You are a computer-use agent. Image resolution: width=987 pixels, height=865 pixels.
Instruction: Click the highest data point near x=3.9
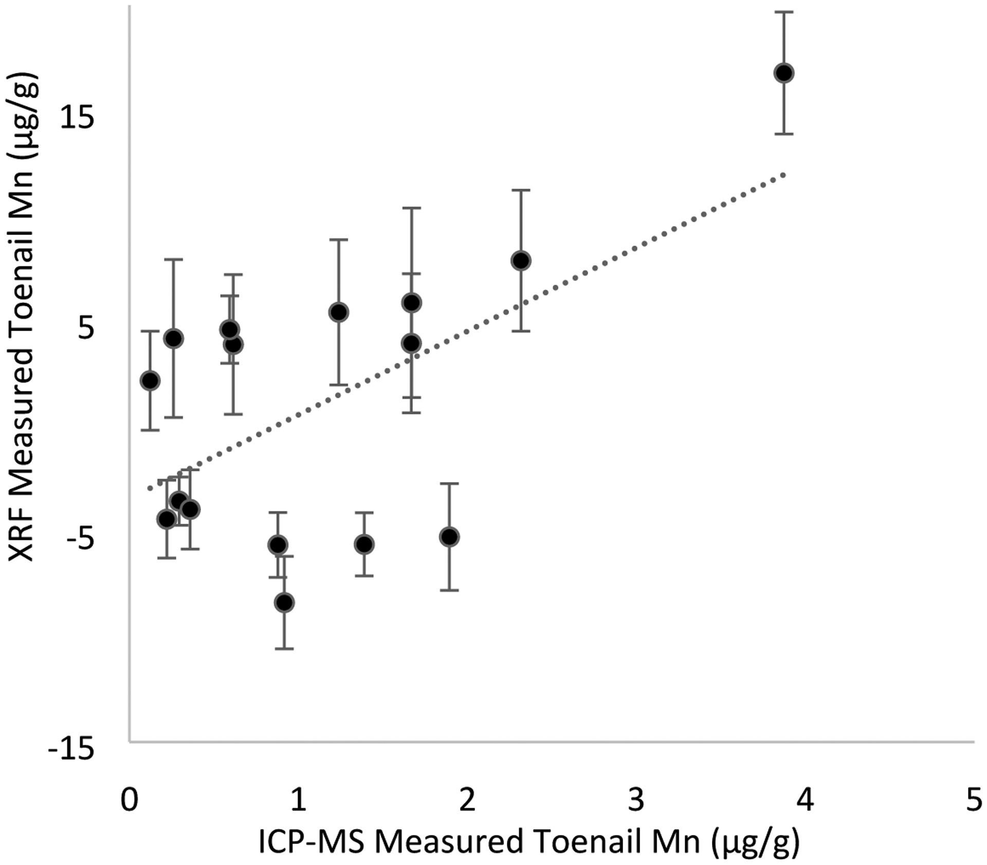[783, 73]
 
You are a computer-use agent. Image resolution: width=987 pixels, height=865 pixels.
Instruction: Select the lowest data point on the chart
[284, 602]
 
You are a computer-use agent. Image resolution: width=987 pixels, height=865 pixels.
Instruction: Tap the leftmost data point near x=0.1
[150, 380]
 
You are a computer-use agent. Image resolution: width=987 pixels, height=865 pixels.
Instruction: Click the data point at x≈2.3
[521, 261]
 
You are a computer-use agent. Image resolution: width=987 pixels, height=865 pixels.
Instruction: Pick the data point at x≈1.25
[339, 312]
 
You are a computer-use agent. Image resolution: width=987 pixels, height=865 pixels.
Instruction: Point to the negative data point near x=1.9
[449, 537]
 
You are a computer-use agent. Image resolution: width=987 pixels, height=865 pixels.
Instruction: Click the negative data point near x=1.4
[364, 544]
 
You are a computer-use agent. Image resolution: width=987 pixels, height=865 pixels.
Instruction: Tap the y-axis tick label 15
[78, 118]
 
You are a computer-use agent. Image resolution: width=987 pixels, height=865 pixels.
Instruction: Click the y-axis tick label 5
[86, 329]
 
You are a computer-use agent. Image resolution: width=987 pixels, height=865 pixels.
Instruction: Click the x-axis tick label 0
[130, 801]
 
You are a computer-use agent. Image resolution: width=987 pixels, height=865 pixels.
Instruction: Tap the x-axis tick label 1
[299, 801]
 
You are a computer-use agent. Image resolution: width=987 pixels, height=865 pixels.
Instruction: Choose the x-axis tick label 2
[467, 801]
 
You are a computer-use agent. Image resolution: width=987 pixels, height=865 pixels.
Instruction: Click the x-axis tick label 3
[636, 801]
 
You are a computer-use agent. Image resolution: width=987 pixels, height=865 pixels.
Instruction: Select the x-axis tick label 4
[805, 801]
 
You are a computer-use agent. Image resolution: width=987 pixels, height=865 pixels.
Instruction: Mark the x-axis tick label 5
[974, 801]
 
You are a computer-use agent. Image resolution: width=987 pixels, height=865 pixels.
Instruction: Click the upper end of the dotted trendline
[783, 175]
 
